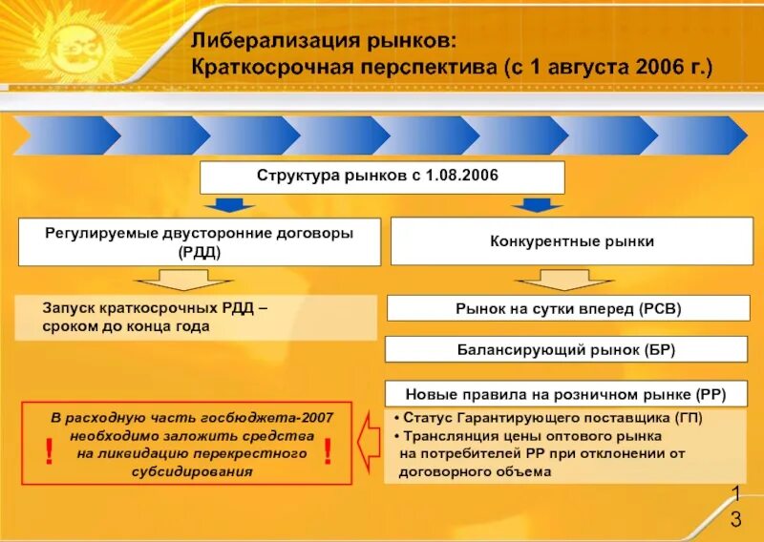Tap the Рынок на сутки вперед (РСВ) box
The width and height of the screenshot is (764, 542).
[568, 308]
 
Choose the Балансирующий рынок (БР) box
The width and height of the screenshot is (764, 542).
[568, 349]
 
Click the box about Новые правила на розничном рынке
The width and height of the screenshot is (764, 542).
[568, 392]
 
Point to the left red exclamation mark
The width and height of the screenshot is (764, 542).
[49, 453]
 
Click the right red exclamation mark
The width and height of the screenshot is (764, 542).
[328, 453]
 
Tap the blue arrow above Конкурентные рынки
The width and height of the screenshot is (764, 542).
[537, 204]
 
